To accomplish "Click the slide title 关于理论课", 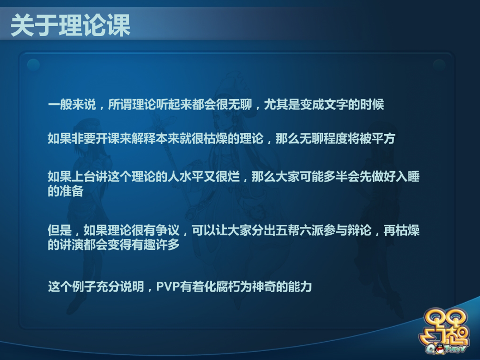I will [70, 26].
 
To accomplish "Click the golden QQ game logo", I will [447, 332].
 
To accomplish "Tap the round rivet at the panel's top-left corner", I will [33, 64].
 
